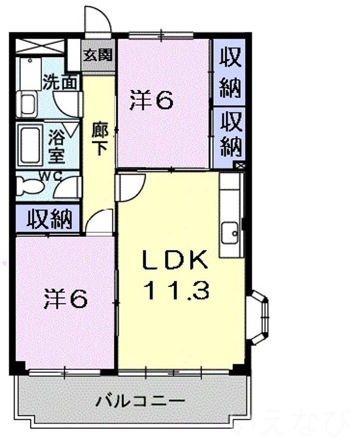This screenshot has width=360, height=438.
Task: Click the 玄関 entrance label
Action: point(98,55)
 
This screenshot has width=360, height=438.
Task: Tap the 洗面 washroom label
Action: point(60,82)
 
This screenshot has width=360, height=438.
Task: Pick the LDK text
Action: point(176,262)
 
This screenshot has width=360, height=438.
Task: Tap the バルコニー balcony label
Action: point(140,401)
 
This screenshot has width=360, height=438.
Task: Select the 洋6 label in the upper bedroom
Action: point(151,100)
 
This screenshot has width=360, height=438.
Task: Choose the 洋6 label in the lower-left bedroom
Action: point(65,298)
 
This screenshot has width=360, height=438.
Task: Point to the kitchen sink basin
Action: point(230,232)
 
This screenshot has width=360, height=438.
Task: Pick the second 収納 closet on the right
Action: point(230,134)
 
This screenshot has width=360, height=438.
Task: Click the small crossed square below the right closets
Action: point(240,165)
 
